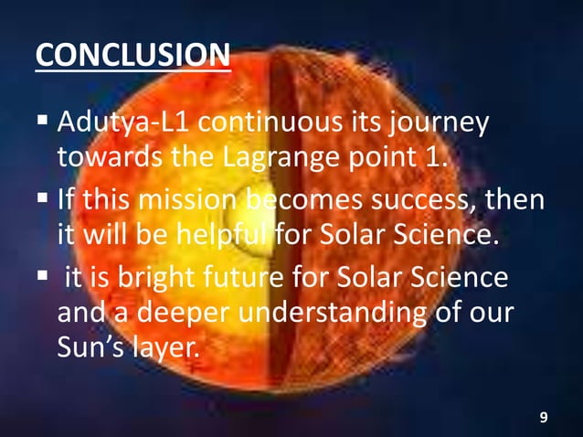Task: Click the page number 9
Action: tap(544, 418)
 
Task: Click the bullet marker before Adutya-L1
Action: tap(42, 121)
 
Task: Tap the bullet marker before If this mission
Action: tap(42, 197)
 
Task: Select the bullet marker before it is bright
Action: tap(42, 274)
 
